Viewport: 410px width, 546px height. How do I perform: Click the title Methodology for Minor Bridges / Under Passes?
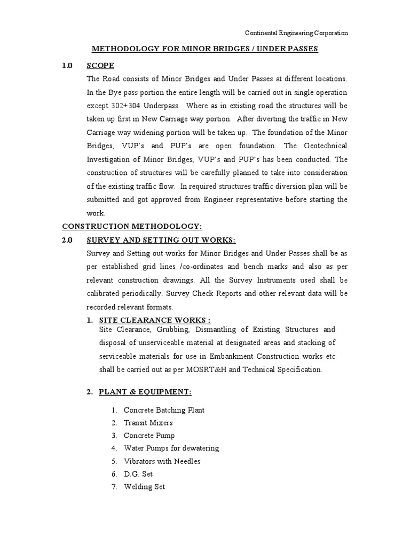click(x=205, y=49)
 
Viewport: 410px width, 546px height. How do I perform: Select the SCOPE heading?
click(x=100, y=66)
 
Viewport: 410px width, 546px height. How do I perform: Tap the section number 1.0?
click(x=67, y=66)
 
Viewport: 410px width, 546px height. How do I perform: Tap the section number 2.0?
click(x=67, y=240)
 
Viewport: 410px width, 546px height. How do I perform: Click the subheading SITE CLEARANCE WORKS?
click(x=155, y=320)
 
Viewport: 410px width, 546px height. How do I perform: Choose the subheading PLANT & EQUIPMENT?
click(x=145, y=392)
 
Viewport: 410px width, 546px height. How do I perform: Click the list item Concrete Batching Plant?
click(x=164, y=410)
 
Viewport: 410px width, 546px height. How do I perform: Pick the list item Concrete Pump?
click(x=149, y=436)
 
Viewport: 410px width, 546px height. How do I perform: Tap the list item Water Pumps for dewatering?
click(x=171, y=448)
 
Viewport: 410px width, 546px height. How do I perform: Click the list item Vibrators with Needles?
click(x=162, y=461)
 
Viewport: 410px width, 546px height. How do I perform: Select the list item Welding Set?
click(x=144, y=487)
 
